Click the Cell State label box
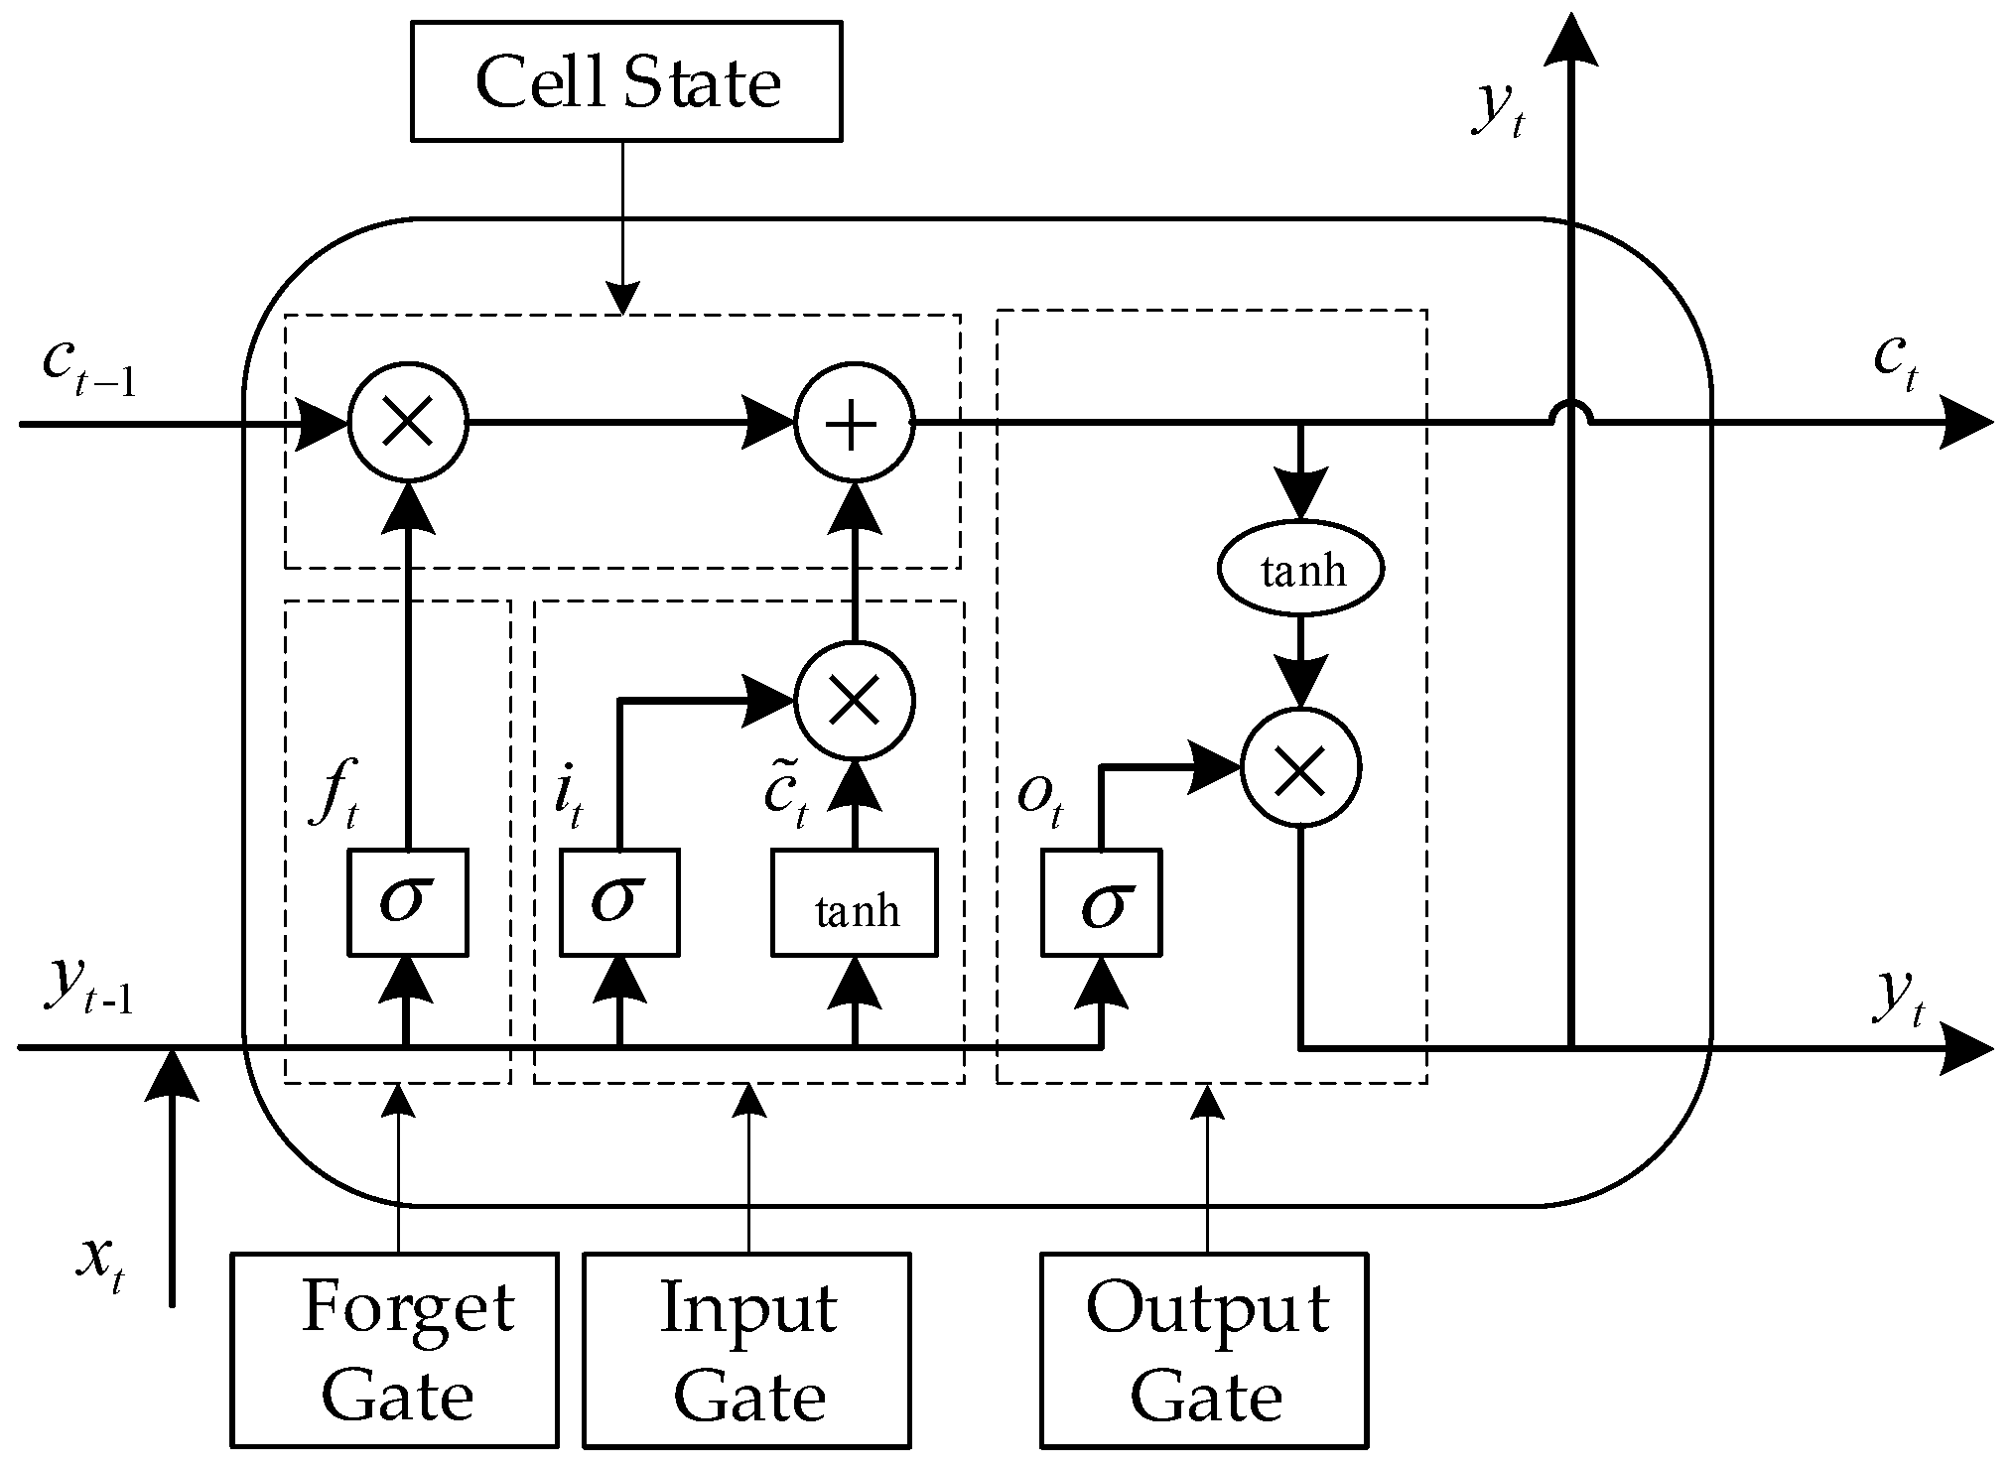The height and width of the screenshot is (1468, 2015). coord(626,80)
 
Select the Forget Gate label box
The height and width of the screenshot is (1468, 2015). coord(395,1349)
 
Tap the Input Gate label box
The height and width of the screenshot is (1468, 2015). coord(746,1349)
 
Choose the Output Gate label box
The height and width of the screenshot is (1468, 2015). coord(1204,1349)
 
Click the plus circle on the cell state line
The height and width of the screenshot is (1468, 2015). coord(854,424)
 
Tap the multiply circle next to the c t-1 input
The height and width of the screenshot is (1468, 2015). coord(407,424)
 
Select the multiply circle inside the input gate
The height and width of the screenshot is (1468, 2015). coord(855,701)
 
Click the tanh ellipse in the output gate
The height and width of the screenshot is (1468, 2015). coord(1300,570)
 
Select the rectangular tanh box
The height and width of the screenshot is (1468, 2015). coord(855,902)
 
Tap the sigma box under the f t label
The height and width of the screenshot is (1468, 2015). coord(407,902)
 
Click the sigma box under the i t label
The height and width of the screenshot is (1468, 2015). coord(619,902)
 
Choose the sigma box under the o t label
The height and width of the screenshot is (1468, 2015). coord(1101,902)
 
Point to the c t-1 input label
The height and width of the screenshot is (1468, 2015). coord(87,366)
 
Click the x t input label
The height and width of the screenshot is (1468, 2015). coord(102,1264)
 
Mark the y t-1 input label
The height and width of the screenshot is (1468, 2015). coord(87,986)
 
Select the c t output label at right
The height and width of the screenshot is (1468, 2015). coord(1895,362)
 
